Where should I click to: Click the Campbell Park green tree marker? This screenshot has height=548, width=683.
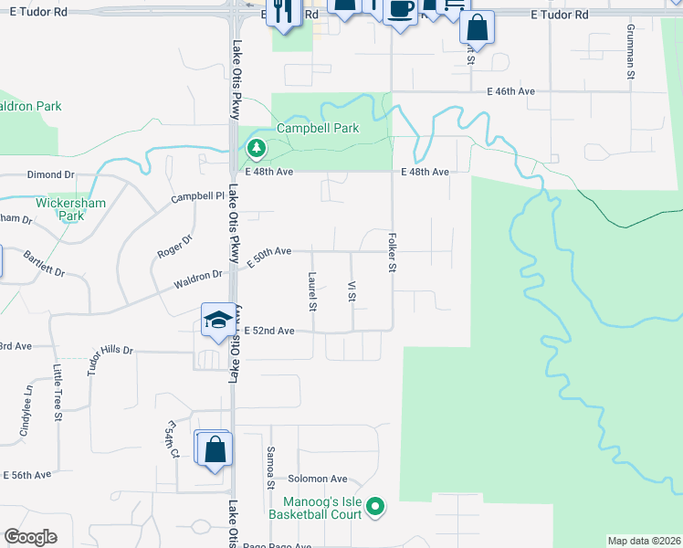[257, 147]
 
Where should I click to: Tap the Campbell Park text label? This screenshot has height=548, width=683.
[318, 129]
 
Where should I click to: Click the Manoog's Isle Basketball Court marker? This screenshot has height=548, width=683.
[374, 506]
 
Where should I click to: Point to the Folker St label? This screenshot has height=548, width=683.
[393, 251]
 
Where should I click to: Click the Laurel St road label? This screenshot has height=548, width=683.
[312, 291]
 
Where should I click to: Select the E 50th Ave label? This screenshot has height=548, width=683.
[268, 251]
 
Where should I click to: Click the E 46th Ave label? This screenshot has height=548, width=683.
[510, 91]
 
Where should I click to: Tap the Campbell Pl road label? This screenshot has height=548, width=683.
[197, 196]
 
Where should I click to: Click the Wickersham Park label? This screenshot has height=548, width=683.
[60, 209]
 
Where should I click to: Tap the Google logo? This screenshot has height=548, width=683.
[31, 537]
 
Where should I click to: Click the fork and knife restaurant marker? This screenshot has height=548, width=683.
[283, 12]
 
